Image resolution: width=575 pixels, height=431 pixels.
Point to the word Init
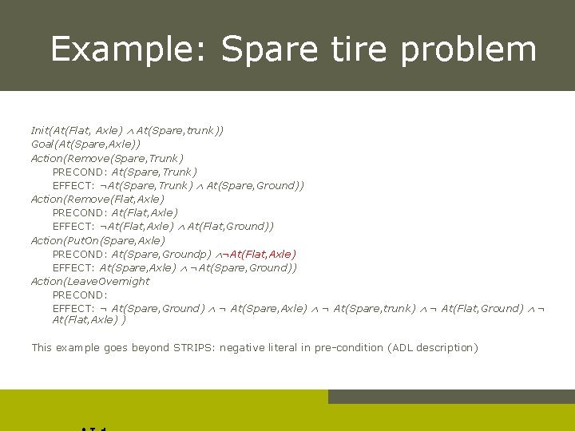pyautogui.click(x=40, y=130)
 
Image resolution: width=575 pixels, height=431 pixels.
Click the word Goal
pyautogui.click(x=42, y=144)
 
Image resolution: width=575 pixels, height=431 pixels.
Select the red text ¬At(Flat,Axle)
pyautogui.click(x=257, y=254)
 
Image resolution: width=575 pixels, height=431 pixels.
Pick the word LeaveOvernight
pyautogui.click(x=109, y=281)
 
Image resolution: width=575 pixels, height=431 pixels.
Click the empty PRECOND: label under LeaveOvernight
pyautogui.click(x=80, y=295)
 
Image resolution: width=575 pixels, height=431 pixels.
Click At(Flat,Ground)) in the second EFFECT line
pyautogui.click(x=231, y=227)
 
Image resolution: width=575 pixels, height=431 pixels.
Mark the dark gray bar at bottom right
pyautogui.click(x=451, y=397)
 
